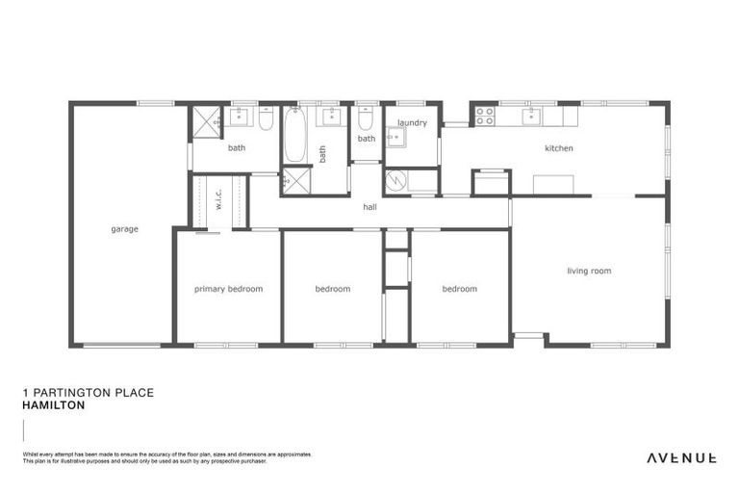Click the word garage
coord(124,229)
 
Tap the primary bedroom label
coord(228,289)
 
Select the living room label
coord(589,272)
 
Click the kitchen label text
coord(558,148)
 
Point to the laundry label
coord(412,123)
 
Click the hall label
coord(369,207)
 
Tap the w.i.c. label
coord(218,199)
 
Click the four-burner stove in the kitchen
coord(485,117)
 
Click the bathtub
coord(295,135)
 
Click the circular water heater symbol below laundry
coord(394,180)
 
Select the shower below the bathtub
coord(295,180)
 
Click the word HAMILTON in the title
coord(53,406)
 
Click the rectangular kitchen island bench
coord(553,184)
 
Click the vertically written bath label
coord(323,153)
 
